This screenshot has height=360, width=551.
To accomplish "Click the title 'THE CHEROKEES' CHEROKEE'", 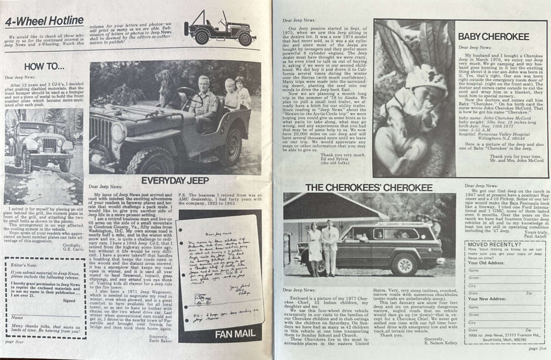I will [x=368, y=187].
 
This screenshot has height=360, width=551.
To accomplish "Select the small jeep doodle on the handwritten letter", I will [x=202, y=299].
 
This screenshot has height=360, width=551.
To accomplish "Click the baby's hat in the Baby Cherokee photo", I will [x=425, y=81].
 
